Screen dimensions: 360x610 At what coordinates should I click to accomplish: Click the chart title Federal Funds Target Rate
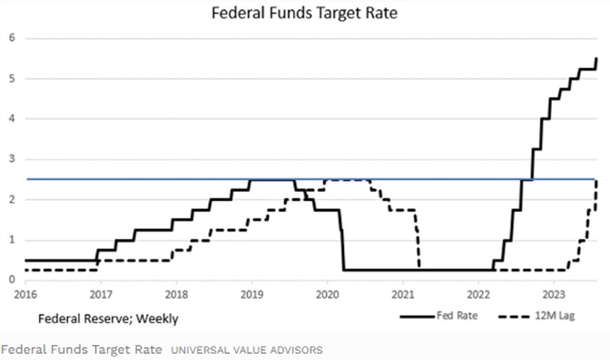point(305,13)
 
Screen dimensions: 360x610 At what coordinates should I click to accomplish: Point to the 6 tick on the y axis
point(12,38)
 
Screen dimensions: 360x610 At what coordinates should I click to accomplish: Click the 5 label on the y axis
point(12,79)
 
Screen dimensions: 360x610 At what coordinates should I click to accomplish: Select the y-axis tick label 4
point(12,119)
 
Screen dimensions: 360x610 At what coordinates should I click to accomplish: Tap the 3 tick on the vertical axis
point(12,159)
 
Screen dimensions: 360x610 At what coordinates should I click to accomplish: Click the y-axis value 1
point(12,240)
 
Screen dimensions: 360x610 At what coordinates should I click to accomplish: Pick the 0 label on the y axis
point(12,280)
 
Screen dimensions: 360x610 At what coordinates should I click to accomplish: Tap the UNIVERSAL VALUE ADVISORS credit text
point(246,349)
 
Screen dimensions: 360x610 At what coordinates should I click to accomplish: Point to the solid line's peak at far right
point(596,59)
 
